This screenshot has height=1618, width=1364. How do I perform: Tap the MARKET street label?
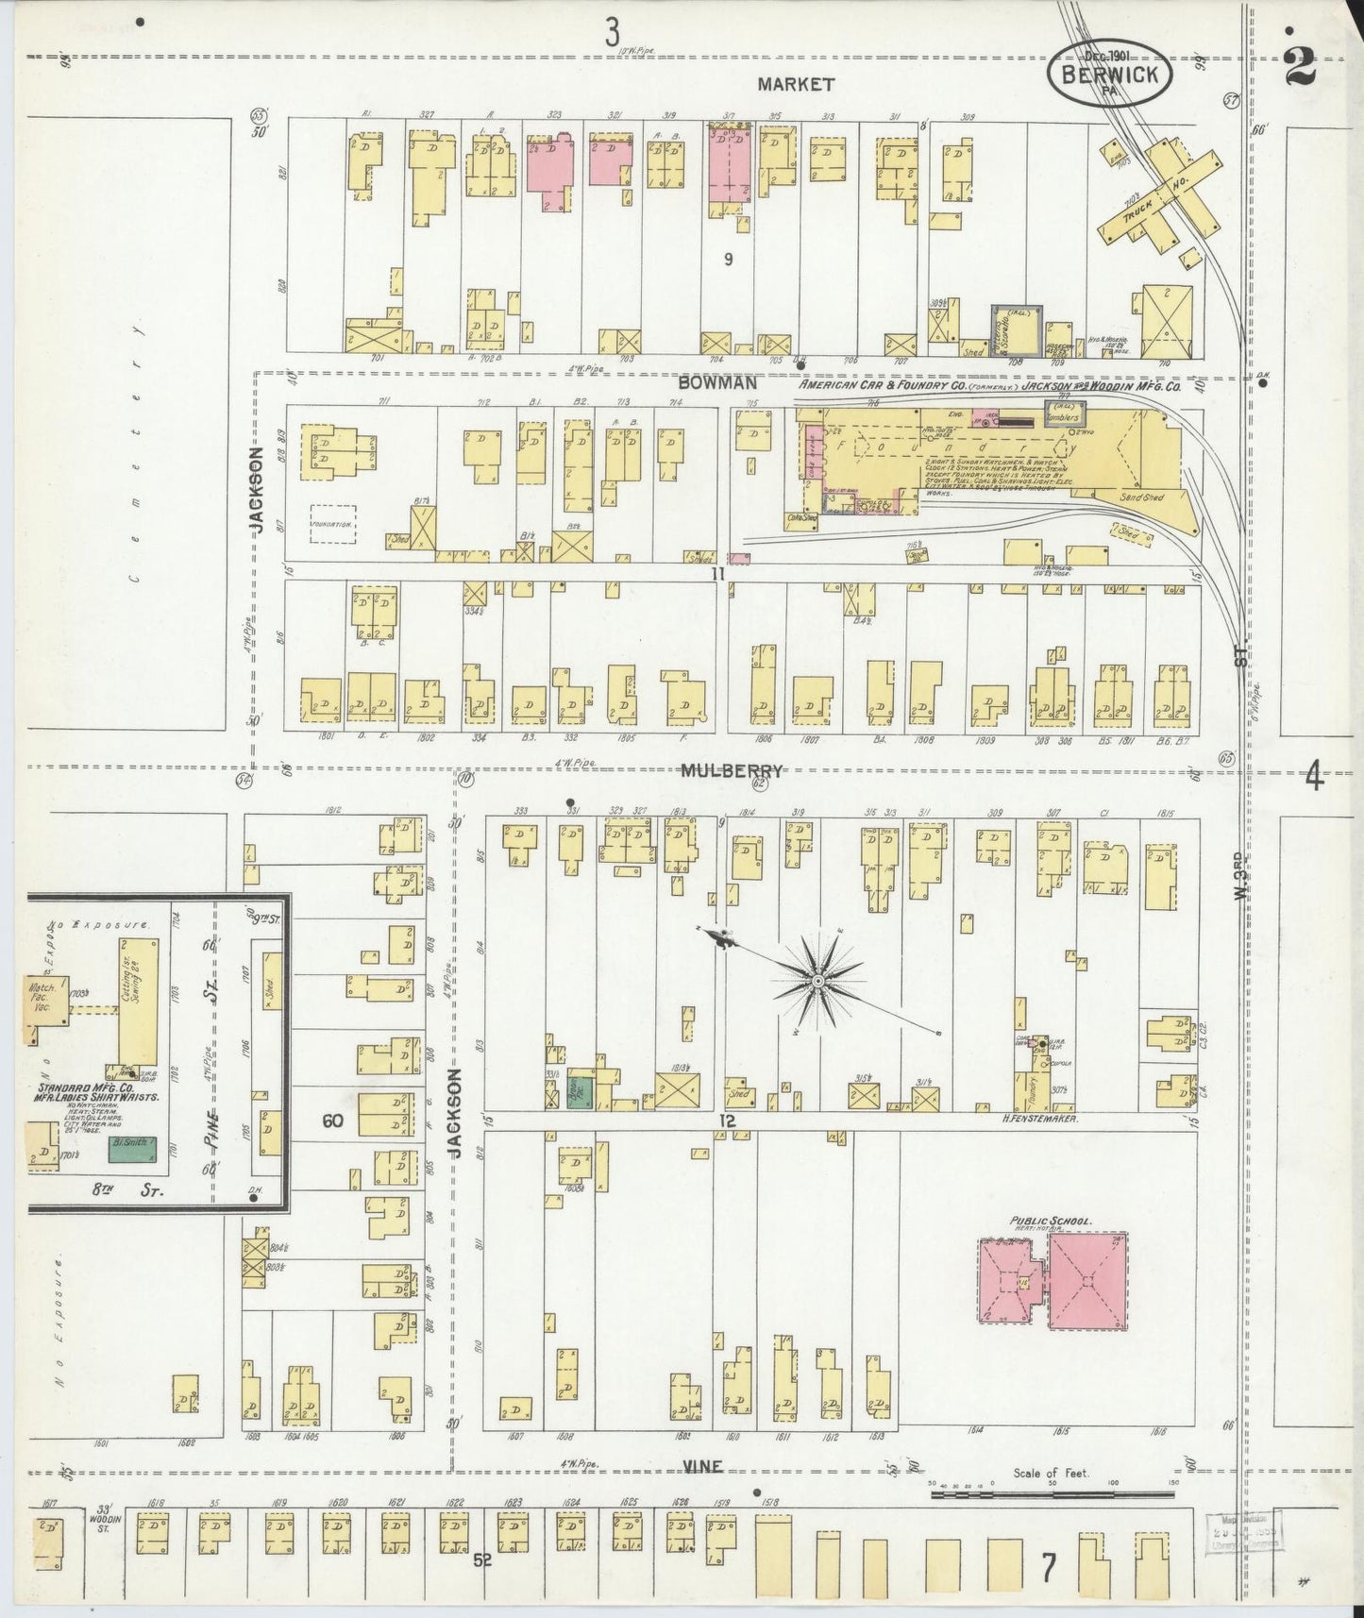click(x=796, y=84)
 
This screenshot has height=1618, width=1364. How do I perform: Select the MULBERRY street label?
click(x=732, y=771)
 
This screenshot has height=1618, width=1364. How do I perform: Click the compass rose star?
click(x=817, y=982)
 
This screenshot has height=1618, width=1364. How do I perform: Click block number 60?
click(x=331, y=1121)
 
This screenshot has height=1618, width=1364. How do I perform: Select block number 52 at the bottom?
click(x=482, y=1560)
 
